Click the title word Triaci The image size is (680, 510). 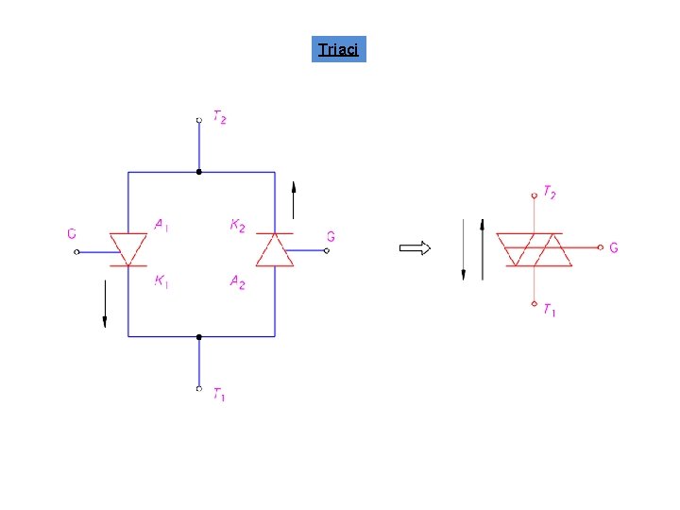click(x=338, y=49)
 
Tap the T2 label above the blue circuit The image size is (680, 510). click(x=219, y=118)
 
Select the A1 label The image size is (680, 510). click(x=162, y=225)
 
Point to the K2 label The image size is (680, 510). click(x=237, y=226)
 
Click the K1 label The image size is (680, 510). click(x=162, y=280)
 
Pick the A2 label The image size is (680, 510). click(x=237, y=281)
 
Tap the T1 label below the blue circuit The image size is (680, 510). click(x=218, y=395)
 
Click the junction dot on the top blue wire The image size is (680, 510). click(x=198, y=172)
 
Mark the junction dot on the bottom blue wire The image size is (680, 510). click(x=198, y=336)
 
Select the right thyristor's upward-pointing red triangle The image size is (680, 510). click(x=275, y=250)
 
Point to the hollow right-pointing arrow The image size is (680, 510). click(x=415, y=248)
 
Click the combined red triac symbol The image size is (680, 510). click(x=535, y=249)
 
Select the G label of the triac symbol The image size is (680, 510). click(x=614, y=248)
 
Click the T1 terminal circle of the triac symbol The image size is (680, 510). click(x=535, y=304)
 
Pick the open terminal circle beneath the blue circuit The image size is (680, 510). click(x=198, y=388)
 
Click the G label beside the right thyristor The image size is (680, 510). click(x=331, y=236)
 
